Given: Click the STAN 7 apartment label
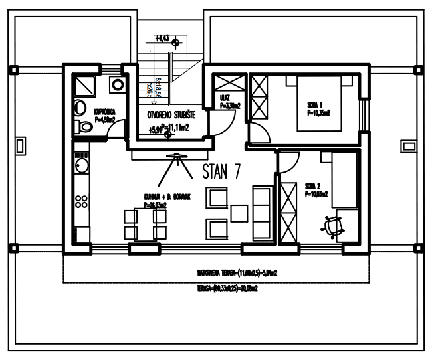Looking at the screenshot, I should [220, 171].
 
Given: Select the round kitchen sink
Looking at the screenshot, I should [82, 161].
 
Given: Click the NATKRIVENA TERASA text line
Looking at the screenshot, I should [237, 272].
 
